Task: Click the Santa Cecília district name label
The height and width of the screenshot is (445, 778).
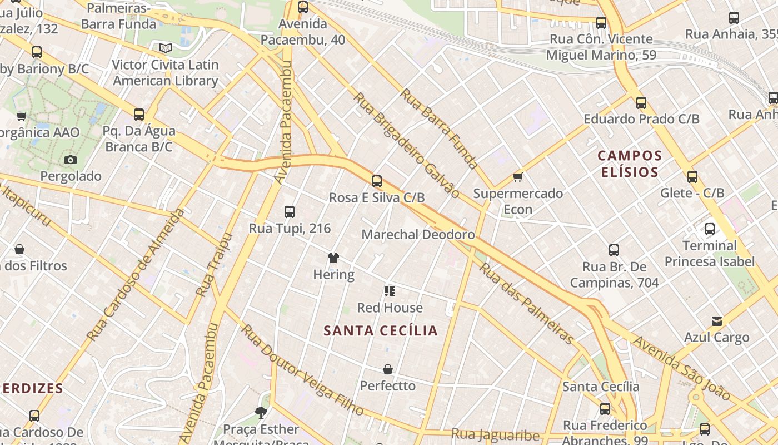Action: click(x=381, y=330)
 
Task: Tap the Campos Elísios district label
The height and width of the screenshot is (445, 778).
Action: click(x=630, y=164)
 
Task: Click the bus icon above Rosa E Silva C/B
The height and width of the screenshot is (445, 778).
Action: click(x=377, y=181)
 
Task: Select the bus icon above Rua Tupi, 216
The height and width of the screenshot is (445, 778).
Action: click(x=290, y=212)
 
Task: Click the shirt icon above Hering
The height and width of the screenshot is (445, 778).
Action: click(x=333, y=258)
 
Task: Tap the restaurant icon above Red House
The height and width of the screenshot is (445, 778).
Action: click(x=390, y=291)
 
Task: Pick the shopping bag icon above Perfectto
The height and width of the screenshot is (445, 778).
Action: click(x=388, y=369)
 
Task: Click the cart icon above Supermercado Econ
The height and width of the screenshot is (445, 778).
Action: click(x=518, y=177)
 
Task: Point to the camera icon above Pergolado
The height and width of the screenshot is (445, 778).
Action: click(x=71, y=160)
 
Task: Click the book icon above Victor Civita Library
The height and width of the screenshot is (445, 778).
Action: click(x=166, y=48)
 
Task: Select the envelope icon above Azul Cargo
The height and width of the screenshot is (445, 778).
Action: click(x=717, y=322)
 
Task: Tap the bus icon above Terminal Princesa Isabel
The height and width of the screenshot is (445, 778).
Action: click(x=710, y=229)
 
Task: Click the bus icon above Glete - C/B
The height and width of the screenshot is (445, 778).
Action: click(x=692, y=177)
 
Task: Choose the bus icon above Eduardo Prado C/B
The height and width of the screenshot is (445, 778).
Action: click(x=641, y=103)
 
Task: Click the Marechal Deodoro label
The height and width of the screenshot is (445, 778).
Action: click(x=418, y=234)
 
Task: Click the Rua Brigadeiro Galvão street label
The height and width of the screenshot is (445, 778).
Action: click(x=407, y=145)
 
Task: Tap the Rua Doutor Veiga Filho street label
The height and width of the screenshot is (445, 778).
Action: click(x=302, y=370)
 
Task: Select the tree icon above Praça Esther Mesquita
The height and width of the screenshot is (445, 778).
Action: click(x=261, y=413)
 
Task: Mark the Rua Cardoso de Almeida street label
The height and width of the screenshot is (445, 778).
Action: click(x=136, y=275)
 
